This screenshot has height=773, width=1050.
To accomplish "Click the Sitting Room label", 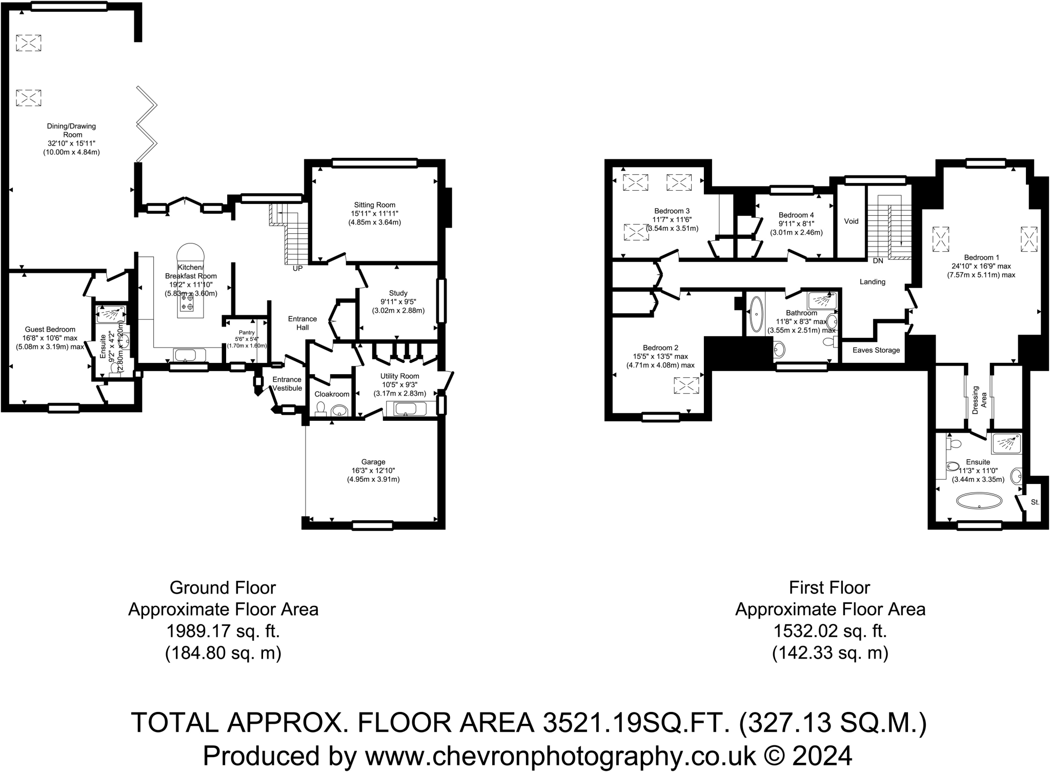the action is tap(374, 205).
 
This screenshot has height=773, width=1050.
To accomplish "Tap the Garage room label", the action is tap(373, 462).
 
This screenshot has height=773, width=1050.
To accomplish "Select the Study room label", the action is tap(398, 293).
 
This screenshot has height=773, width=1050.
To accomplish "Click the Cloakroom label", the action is tap(332, 394).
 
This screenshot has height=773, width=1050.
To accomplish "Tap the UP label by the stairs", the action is tap(297, 268).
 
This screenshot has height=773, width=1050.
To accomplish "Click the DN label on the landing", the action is tap(878, 260).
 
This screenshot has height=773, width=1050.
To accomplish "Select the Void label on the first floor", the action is tap(851, 221).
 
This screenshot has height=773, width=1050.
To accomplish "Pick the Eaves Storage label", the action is tap(876, 350).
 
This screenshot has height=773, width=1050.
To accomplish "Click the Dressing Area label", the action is tap(979, 400).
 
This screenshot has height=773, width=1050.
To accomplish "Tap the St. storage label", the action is tap(1035, 502).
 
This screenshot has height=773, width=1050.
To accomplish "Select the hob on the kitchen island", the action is tap(187, 301).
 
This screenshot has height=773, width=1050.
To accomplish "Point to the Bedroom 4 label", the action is tap(796, 215).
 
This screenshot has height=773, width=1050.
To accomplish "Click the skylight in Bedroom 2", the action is tap(686, 385).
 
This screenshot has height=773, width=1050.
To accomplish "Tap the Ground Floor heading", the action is tap(223, 587).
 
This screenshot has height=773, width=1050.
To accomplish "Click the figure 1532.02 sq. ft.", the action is tap(830, 631).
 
